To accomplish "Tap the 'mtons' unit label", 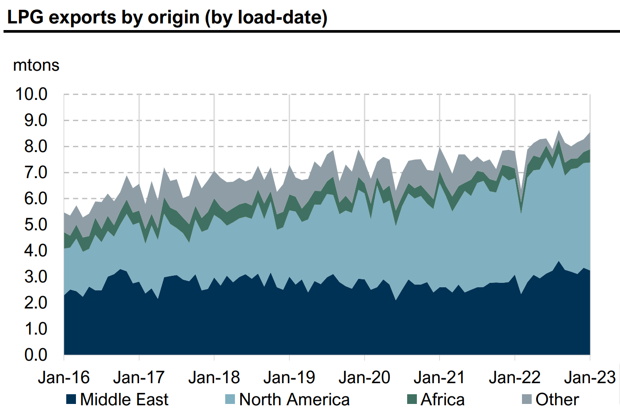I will pyautogui.click(x=36, y=65).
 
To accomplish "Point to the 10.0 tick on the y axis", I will pyautogui.click(x=31, y=94).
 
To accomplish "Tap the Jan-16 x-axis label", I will pyautogui.click(x=64, y=377).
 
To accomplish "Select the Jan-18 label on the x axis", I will pyautogui.click(x=214, y=377).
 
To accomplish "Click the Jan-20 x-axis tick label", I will pyautogui.click(x=364, y=377).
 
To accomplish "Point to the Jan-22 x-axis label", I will pyautogui.click(x=514, y=377).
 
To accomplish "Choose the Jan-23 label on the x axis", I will pyautogui.click(x=590, y=377).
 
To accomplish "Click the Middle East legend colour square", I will pyautogui.click(x=71, y=400).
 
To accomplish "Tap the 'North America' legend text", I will pyautogui.click(x=294, y=400).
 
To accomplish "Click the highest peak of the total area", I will pyautogui.click(x=559, y=131).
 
